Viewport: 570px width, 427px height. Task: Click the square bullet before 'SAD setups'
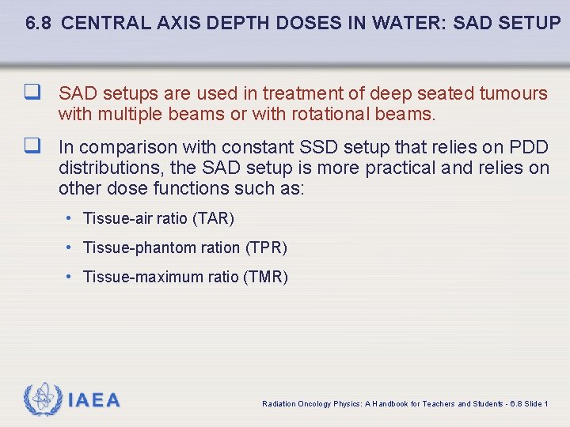pos(32,93)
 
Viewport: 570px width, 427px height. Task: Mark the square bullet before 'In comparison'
pos(32,147)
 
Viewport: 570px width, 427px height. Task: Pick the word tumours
pos(513,94)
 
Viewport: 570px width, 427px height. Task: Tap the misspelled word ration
pos(222,248)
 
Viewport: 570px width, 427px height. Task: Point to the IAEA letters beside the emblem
pos(94,400)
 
